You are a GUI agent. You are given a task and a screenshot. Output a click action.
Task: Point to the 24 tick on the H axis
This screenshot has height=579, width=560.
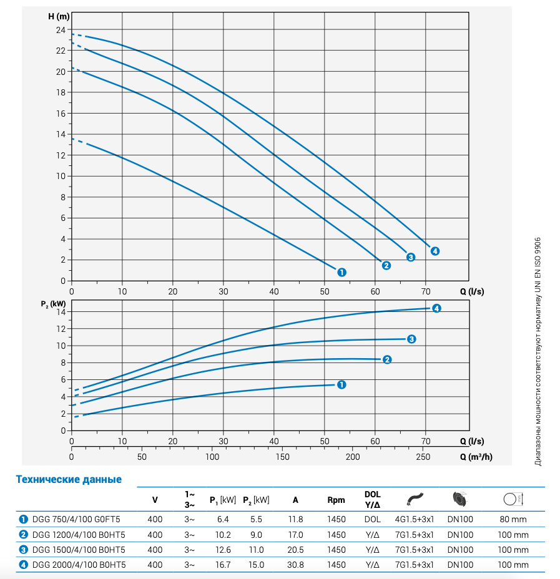pyautogui.click(x=61, y=30)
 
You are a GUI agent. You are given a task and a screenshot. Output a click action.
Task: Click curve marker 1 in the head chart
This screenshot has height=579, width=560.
pyautogui.click(x=341, y=272)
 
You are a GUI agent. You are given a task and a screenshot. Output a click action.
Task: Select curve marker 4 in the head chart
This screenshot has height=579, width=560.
pyautogui.click(x=435, y=251)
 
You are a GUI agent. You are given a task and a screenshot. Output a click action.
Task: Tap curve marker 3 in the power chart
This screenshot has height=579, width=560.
pyautogui.click(x=411, y=339)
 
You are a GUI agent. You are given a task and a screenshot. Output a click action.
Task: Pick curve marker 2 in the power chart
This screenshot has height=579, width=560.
pyautogui.click(x=386, y=359)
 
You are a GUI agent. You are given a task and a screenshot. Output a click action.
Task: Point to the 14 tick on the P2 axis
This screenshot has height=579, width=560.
pyautogui.click(x=61, y=311)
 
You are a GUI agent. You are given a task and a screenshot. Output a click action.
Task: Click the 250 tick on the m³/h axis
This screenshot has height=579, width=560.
pyautogui.click(x=423, y=457)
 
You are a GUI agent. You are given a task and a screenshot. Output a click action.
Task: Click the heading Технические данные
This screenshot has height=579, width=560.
pyautogui.click(x=69, y=480)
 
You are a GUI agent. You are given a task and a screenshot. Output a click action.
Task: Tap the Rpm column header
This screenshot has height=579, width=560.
pyautogui.click(x=336, y=500)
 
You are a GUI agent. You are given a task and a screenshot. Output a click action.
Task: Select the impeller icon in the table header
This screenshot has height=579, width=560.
pyautogui.click(x=460, y=499)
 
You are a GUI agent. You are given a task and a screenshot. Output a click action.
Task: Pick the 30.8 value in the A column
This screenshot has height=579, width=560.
pyautogui.click(x=295, y=565)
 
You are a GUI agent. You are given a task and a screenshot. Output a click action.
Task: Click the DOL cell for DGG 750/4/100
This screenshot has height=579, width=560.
pyautogui.click(x=372, y=519)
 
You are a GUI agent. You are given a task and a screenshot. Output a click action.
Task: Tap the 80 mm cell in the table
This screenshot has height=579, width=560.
pyautogui.click(x=513, y=519)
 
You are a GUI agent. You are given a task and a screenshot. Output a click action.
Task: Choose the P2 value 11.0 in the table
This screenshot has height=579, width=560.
pyautogui.click(x=257, y=550)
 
